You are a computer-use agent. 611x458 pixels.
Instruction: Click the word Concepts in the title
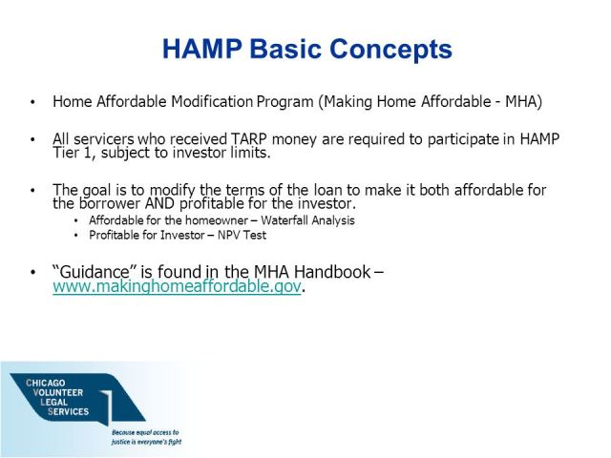tap(393, 50)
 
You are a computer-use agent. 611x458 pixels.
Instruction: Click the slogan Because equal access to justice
tap(145, 436)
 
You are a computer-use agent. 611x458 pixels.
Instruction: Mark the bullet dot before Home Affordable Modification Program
tap(34, 102)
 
